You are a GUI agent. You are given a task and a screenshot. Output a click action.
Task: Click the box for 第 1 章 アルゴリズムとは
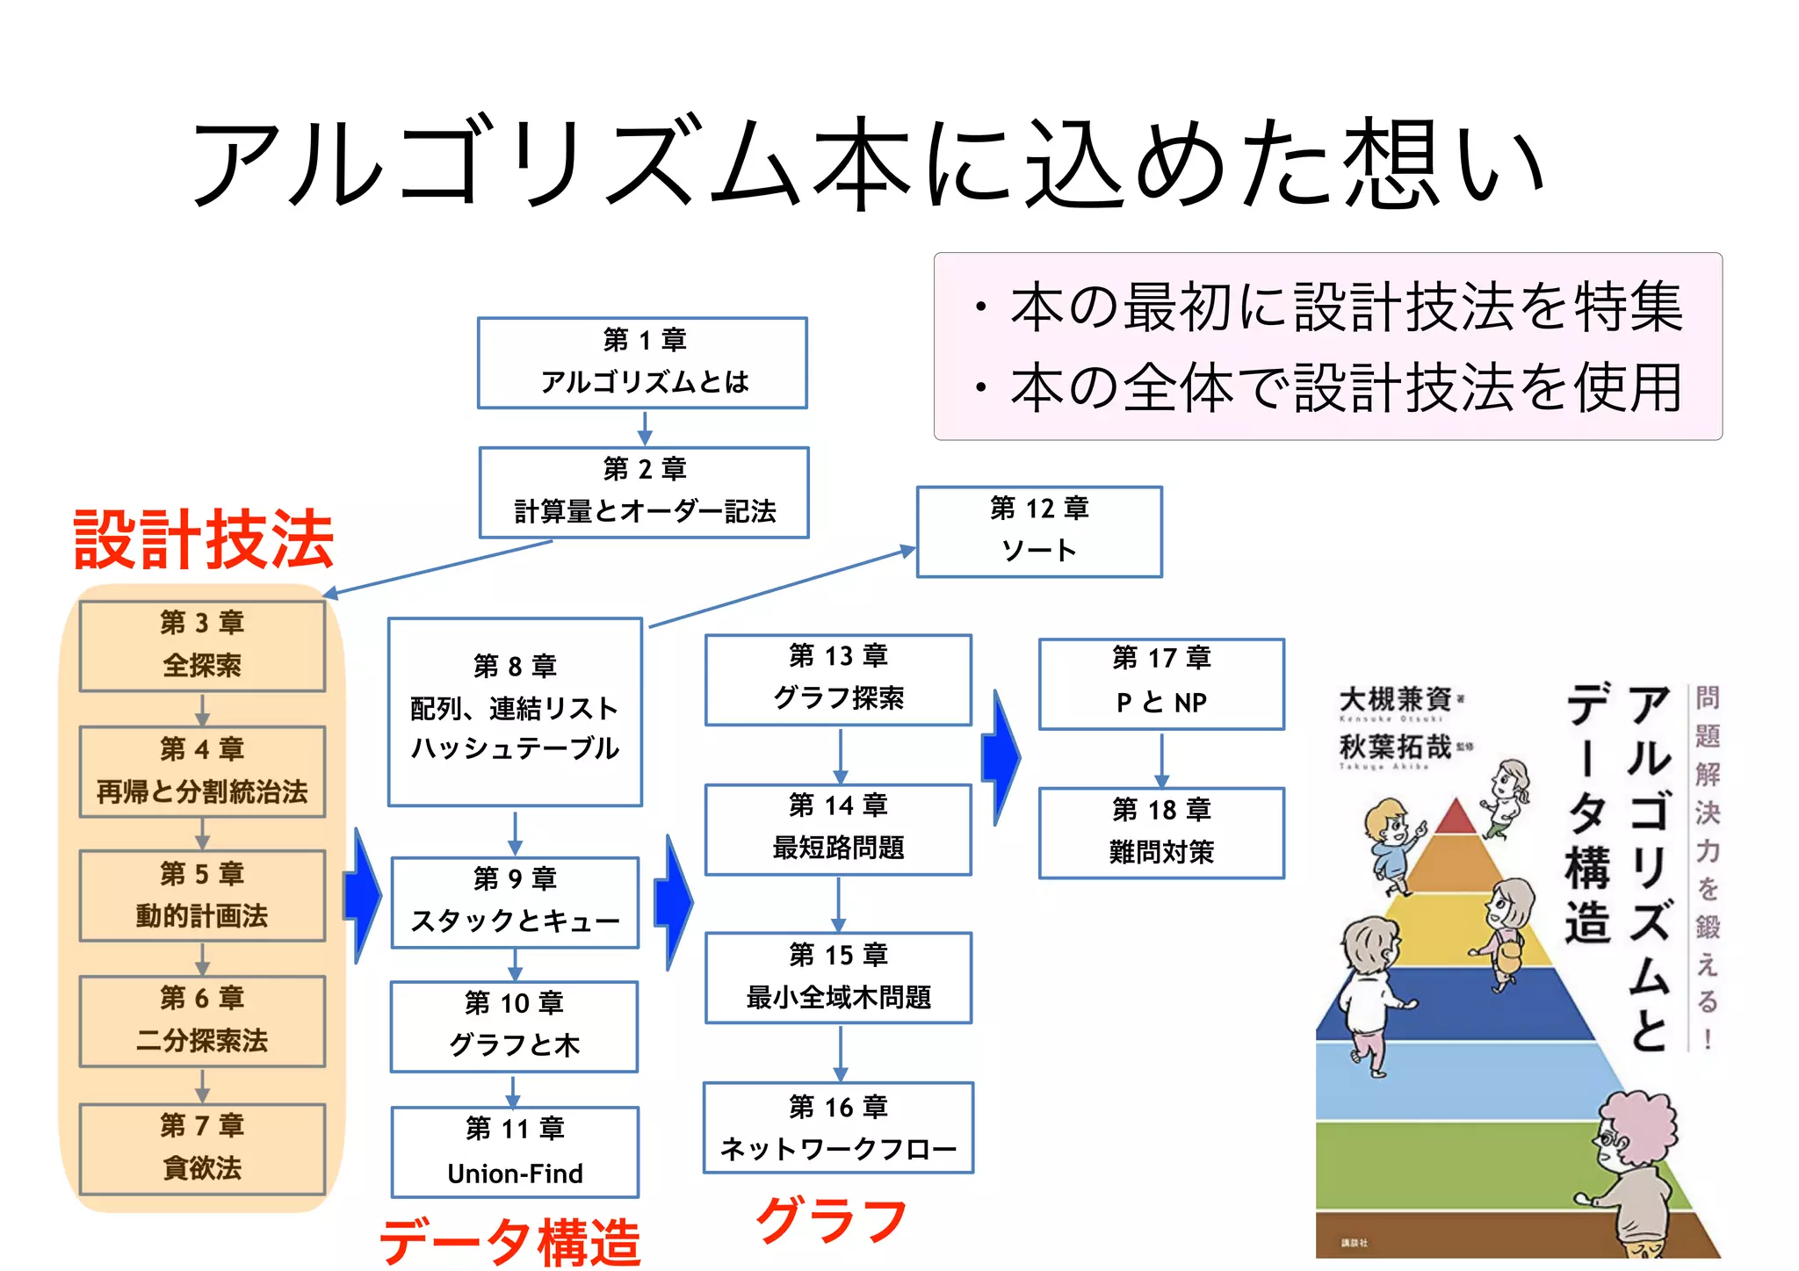[642, 363]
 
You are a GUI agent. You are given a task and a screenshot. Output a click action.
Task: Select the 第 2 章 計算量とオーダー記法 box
[644, 493]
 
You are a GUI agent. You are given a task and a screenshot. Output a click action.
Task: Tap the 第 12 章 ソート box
[1039, 531]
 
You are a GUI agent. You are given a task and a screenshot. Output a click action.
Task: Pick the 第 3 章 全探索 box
[202, 646]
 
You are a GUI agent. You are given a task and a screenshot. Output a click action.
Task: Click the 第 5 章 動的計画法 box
[202, 896]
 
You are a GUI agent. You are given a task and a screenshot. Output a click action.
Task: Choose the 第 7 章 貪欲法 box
[202, 1148]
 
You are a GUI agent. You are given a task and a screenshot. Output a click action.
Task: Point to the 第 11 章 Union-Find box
[515, 1152]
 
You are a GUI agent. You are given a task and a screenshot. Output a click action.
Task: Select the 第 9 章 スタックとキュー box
[515, 902]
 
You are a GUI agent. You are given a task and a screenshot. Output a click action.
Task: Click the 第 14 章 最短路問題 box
[838, 829]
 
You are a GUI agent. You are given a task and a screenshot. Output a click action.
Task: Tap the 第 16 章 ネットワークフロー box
[838, 1128]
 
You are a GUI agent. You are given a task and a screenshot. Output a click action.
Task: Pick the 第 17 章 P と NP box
[1161, 683]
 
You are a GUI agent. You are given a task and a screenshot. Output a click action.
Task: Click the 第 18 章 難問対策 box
[1161, 833]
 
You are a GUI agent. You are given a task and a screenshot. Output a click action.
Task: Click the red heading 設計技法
[204, 538]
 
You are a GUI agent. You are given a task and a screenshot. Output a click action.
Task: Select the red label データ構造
[509, 1241]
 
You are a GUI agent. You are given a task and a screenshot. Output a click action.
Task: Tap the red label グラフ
[831, 1220]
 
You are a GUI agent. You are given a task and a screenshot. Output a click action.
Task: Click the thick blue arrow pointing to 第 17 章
[1001, 756]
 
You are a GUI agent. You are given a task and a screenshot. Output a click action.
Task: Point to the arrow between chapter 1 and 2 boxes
[645, 428]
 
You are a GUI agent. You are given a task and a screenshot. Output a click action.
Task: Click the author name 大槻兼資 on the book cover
[1394, 699]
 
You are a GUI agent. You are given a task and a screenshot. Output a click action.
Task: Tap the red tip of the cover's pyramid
[1456, 817]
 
